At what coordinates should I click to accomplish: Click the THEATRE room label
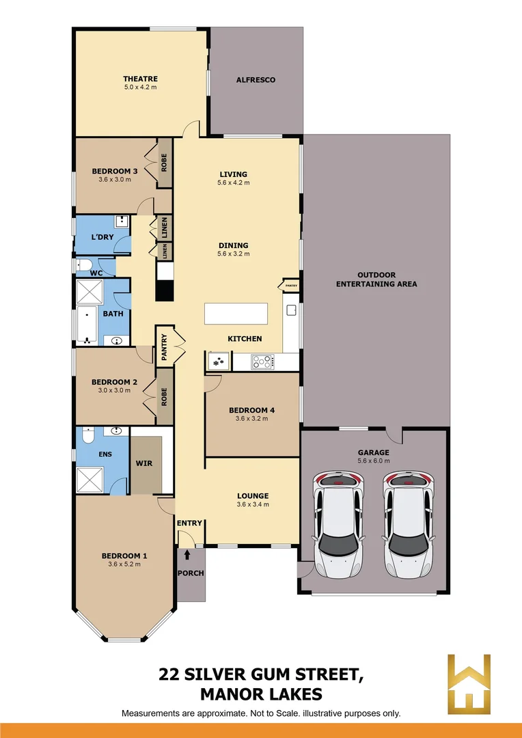[140, 79]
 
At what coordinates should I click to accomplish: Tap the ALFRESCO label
[256, 80]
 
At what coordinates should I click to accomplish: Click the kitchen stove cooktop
[262, 361]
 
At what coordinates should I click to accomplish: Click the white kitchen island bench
[236, 314]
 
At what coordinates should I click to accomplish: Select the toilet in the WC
[85, 266]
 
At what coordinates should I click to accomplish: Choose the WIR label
[144, 463]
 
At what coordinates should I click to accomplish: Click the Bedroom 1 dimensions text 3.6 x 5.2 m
[124, 564]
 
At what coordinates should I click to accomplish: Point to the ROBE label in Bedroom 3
[164, 163]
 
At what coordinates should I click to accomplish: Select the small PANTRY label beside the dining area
[290, 285]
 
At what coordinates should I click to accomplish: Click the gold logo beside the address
[469, 683]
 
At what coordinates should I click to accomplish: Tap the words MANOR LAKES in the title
[260, 695]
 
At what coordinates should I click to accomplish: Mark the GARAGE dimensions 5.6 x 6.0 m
[373, 462]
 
